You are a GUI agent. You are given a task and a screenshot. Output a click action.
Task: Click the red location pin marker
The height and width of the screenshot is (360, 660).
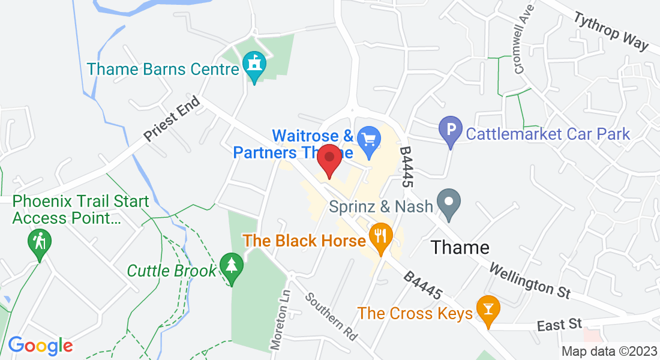pyautogui.click(x=329, y=160)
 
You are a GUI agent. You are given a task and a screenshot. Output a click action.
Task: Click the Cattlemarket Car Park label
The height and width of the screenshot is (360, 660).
pyautogui.click(x=548, y=133)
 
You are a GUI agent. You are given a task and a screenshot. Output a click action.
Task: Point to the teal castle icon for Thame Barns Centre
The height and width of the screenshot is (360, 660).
pyautogui.click(x=254, y=65)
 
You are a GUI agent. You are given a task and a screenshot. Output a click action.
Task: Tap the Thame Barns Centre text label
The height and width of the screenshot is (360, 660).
pyautogui.click(x=163, y=68)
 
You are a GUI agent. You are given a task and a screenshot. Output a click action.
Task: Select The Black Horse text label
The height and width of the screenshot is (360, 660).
pyautogui.click(x=304, y=241)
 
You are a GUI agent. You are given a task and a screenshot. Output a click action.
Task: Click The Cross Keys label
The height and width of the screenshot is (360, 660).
pyautogui.click(x=415, y=313)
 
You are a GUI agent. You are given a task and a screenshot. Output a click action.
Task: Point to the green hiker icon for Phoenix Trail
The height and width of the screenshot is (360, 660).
pyautogui.click(x=40, y=243)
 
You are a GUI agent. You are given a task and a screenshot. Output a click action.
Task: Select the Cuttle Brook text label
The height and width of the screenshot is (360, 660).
pyautogui.click(x=172, y=271)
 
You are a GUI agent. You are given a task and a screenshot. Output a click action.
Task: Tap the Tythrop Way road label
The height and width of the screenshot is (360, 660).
pyautogui.click(x=611, y=31)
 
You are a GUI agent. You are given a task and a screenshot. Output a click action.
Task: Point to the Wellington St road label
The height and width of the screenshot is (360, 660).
pyautogui.click(x=529, y=280)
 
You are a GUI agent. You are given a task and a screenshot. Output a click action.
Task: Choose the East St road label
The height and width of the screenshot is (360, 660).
pyautogui.click(x=559, y=325)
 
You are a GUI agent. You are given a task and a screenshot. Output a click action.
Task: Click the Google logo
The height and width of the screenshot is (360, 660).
pyautogui.click(x=40, y=346)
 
